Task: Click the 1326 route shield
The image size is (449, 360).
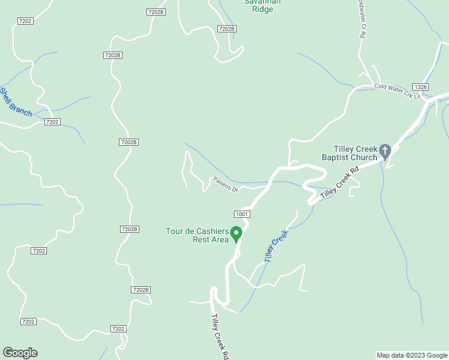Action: [420, 87]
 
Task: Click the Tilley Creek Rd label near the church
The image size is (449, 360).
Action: [339, 183]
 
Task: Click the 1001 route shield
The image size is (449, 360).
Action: [242, 214]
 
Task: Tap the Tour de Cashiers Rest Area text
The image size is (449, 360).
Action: [197, 235]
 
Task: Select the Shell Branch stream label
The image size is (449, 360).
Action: [16, 103]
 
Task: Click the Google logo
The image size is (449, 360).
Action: [20, 353]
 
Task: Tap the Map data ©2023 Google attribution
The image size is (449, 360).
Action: [412, 355]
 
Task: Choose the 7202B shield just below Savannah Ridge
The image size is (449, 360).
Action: [226, 29]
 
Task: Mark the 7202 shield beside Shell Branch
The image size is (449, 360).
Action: [52, 122]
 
